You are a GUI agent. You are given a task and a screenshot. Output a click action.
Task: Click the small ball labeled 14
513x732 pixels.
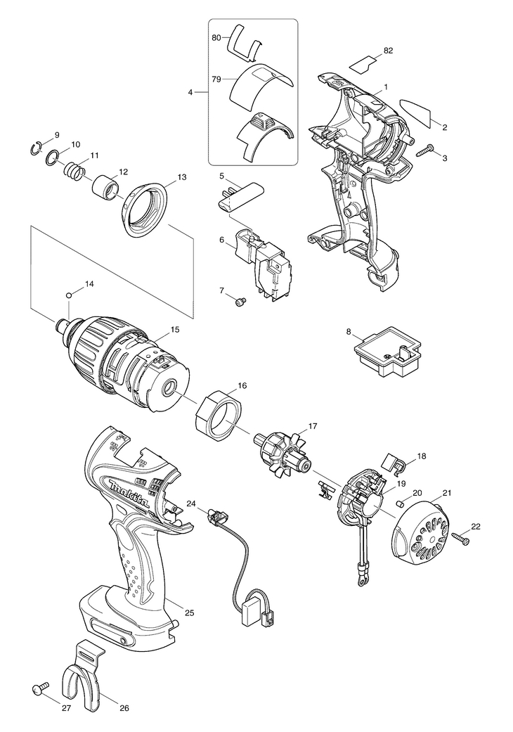pyautogui.click(x=69, y=295)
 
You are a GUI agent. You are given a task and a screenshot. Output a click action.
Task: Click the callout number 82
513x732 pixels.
pyautogui.click(x=388, y=50)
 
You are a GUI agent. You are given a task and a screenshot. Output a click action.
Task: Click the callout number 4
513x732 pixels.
pyautogui.click(x=190, y=92)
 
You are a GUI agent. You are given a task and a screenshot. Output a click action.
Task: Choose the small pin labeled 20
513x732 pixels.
pyautogui.click(x=400, y=503)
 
